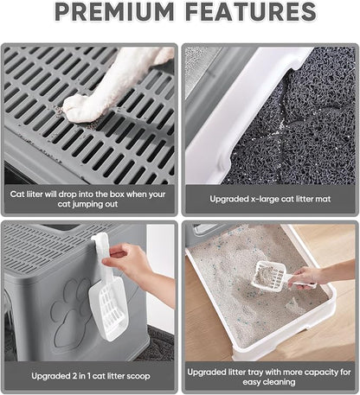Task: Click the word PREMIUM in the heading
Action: (x=114, y=11)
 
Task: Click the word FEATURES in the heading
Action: (x=251, y=11)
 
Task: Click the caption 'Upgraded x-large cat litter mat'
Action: (x=270, y=199)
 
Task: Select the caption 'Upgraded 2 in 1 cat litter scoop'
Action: (x=91, y=376)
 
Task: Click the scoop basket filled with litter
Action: (x=269, y=276)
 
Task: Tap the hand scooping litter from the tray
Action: (x=307, y=277)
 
